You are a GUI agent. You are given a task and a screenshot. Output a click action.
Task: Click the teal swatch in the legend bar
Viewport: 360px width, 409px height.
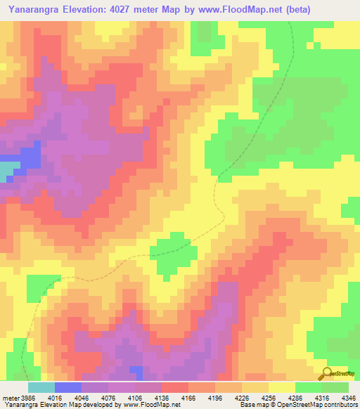(x=41, y=387)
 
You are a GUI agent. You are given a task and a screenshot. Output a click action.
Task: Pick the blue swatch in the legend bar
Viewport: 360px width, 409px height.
(x=68, y=387)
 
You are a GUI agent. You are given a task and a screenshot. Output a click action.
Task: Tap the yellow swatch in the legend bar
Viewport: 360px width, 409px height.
(x=282, y=387)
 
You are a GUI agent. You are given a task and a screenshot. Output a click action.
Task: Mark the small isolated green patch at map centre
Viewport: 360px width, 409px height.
(x=172, y=254)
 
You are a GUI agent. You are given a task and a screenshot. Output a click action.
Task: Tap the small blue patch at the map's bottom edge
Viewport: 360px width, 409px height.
(x=136, y=370)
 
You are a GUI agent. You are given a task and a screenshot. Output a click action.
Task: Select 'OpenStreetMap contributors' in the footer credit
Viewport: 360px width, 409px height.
(x=316, y=405)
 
